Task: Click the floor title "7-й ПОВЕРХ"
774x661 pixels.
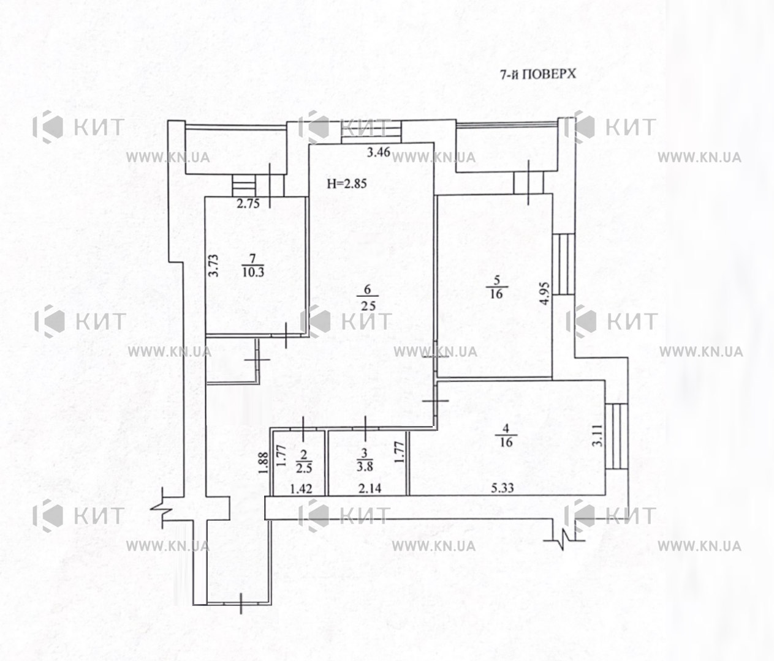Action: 538,75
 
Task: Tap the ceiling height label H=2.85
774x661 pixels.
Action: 347,184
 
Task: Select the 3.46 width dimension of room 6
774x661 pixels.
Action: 378,152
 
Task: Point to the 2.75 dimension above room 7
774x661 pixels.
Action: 248,203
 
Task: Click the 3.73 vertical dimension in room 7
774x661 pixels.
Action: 213,265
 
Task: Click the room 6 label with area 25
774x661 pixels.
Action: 368,297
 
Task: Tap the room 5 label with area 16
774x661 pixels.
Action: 496,287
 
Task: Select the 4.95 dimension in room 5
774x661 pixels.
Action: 545,293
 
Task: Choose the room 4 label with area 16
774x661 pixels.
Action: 506,435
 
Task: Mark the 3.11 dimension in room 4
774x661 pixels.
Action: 598,435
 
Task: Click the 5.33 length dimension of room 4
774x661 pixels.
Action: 502,488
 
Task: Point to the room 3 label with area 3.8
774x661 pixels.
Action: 365,460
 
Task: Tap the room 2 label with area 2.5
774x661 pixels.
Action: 304,461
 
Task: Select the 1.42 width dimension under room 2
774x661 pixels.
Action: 301,488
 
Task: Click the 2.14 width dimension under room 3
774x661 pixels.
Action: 370,488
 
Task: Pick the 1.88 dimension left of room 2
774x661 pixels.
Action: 264,463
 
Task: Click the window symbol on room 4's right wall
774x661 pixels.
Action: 617,436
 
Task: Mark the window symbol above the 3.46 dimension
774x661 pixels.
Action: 371,132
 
